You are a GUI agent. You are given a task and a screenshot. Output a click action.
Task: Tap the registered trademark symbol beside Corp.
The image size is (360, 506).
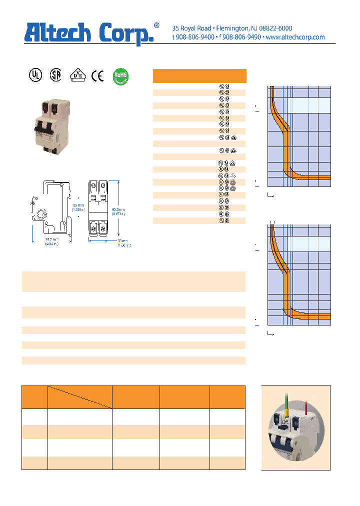156,25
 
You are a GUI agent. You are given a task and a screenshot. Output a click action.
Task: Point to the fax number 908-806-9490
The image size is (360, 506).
241,37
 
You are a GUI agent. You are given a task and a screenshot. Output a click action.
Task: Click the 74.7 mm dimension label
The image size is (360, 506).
50,241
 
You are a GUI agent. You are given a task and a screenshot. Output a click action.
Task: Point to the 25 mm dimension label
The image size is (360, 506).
77,207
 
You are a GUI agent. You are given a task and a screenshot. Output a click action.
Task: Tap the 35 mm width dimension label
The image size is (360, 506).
123,242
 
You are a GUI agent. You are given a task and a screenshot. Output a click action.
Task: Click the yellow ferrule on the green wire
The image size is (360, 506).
285,414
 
